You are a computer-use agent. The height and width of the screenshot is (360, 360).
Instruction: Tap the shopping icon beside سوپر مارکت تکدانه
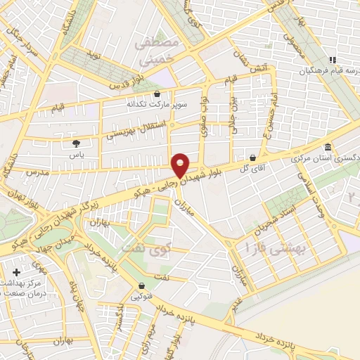coord(157,94)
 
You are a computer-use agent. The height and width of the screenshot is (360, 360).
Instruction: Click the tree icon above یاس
coord(75,143)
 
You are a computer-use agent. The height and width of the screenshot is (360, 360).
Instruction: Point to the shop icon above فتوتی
coord(142,286)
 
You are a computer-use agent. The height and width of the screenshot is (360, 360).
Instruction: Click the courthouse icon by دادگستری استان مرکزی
coord(328,149)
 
